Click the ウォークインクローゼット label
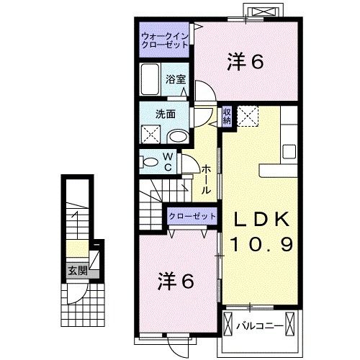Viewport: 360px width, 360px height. (x=165, y=40)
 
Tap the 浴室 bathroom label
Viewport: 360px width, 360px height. (x=176, y=80)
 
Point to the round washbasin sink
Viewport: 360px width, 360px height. (x=176, y=135)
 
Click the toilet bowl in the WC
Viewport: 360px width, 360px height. (x=150, y=163)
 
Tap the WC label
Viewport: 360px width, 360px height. (x=166, y=161)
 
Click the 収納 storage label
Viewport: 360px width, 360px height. (x=226, y=116)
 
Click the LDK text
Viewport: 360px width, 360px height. (x=261, y=220)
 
